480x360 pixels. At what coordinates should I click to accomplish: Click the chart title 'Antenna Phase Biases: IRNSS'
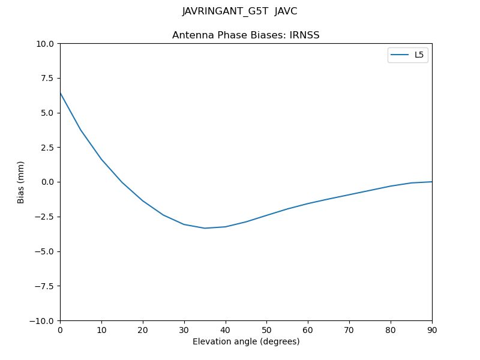(x=245, y=35)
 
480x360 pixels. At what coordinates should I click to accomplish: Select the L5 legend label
(x=419, y=55)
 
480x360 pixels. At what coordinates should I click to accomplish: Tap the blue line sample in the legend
(x=400, y=55)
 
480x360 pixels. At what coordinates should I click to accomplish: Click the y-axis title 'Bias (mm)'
(x=21, y=182)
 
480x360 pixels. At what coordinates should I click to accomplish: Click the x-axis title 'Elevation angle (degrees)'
(x=245, y=342)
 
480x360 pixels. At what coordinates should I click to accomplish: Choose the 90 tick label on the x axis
(x=431, y=330)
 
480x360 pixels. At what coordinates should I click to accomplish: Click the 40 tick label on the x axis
(x=225, y=330)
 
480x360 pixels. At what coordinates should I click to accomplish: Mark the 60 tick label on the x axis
(x=308, y=330)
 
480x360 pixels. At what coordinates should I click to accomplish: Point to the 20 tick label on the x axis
(x=143, y=330)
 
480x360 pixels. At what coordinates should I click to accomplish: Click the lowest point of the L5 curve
(x=205, y=228)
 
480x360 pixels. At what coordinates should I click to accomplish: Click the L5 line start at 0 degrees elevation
(x=61, y=93)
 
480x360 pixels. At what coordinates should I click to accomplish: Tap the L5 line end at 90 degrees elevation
(x=431, y=182)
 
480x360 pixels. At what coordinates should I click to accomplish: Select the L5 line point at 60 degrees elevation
(x=308, y=203)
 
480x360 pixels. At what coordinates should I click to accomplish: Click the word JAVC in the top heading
(x=286, y=11)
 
